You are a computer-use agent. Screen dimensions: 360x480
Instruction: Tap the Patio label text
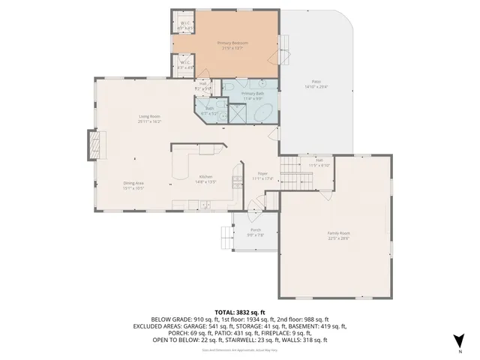point(317,84)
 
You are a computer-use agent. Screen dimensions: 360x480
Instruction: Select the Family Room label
point(338,235)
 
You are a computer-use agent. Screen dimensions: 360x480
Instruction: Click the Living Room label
point(150,118)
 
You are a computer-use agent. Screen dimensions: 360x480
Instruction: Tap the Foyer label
point(263,175)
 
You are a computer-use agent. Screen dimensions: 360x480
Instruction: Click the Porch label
point(256,232)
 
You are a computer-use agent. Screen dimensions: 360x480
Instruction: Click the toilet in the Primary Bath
point(229,88)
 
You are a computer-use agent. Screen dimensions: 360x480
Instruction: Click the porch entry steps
point(224,238)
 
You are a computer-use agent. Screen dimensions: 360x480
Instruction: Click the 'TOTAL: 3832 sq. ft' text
point(240,311)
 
